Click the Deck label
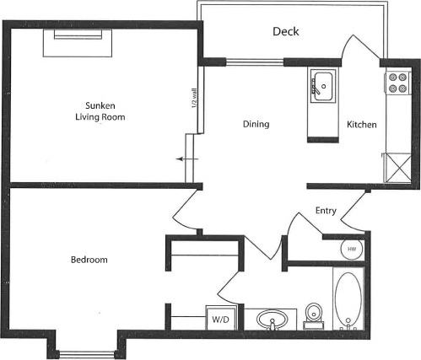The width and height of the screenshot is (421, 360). pyautogui.click(x=285, y=32)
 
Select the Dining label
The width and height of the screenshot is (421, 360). pyautogui.click(x=256, y=125)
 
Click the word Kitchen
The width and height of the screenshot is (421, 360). pyautogui.click(x=361, y=125)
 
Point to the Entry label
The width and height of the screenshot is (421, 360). pyautogui.click(x=327, y=210)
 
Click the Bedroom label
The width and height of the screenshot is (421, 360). pyautogui.click(x=89, y=260)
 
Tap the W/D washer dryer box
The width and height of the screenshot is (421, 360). pyautogui.click(x=220, y=320)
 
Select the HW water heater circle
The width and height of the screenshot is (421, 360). pyautogui.click(x=352, y=249)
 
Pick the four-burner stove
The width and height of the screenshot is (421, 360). pyautogui.click(x=397, y=83)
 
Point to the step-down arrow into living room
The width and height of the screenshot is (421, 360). pyautogui.click(x=188, y=159)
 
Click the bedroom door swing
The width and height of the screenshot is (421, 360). pyautogui.click(x=184, y=211)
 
